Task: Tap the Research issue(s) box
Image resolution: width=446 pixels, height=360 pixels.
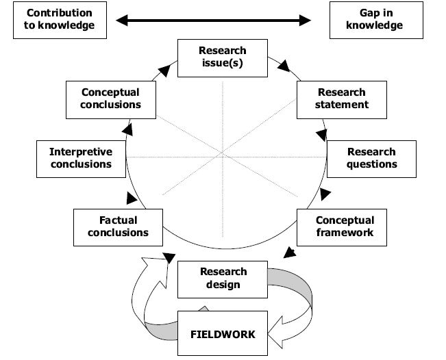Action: click(222, 57)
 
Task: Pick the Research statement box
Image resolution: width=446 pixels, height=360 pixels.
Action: click(342, 99)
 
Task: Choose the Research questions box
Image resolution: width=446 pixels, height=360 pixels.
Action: click(371, 158)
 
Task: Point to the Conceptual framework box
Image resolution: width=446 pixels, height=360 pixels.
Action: click(345, 227)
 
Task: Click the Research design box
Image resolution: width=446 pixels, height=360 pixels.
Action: click(222, 278)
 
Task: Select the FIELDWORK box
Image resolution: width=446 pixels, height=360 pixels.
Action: click(222, 334)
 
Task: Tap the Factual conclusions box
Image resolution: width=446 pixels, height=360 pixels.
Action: click(118, 227)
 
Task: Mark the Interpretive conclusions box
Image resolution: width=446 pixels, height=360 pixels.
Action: click(80, 158)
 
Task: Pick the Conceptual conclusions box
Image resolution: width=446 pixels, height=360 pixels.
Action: click(110, 99)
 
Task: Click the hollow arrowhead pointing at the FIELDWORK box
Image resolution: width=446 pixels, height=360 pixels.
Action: click(277, 335)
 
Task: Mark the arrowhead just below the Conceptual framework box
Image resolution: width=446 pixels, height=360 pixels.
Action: click(290, 253)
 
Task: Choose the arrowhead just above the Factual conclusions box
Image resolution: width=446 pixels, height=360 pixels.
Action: click(131, 198)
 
